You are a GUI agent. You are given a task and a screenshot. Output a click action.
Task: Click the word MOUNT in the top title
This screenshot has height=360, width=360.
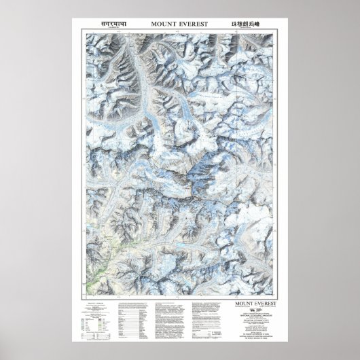160,24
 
